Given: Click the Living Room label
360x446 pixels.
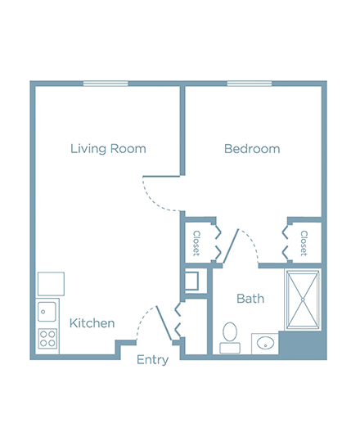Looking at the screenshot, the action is [x=108, y=149].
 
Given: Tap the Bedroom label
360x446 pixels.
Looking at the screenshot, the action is [x=252, y=149].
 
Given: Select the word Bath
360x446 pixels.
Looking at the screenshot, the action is [x=250, y=299].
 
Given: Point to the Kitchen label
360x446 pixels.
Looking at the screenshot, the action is [x=92, y=323].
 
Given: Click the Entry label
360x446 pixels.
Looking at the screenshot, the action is [x=152, y=360].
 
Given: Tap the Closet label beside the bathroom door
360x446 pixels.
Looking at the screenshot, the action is [x=196, y=243].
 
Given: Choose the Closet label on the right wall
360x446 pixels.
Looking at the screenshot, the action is [x=304, y=243].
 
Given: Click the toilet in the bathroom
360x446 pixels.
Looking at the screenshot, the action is [x=230, y=338].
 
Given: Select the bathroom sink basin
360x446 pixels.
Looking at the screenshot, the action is [x=265, y=343].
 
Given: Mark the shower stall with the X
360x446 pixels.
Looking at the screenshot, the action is [x=303, y=300].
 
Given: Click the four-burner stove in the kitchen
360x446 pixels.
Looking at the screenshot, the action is [x=47, y=339].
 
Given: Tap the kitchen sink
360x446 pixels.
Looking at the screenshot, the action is [x=47, y=312].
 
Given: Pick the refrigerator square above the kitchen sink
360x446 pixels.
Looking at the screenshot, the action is [x=52, y=284].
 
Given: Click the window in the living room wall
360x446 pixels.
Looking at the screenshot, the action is [x=106, y=83].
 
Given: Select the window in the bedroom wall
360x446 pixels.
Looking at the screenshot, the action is [x=250, y=83].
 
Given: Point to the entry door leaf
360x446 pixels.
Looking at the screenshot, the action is [x=164, y=323].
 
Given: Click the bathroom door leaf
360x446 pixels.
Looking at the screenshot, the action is [x=231, y=246].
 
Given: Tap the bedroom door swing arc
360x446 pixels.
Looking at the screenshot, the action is [x=157, y=199].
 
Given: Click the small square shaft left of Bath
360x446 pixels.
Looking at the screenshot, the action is [x=191, y=281].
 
